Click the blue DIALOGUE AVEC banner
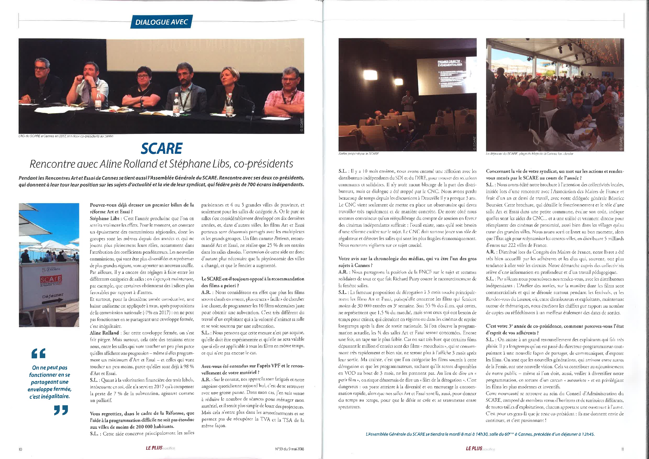tap(161, 22)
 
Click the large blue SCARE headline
tap(162, 148)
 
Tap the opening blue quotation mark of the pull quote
tap(38, 353)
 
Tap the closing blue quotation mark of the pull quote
tap(61, 410)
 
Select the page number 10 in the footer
tap(20, 449)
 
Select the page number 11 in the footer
tap(623, 449)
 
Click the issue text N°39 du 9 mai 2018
tap(289, 449)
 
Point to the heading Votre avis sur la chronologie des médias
tap(407, 262)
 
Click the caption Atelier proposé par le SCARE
tap(358, 154)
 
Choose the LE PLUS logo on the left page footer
tap(154, 448)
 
